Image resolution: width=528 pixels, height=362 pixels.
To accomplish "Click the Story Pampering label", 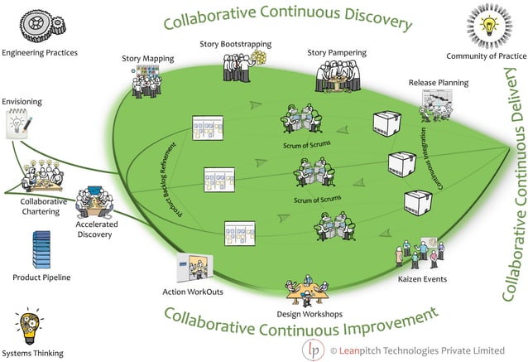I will tap(334, 53).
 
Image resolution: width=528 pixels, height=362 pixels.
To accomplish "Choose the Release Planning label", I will tap(438, 83).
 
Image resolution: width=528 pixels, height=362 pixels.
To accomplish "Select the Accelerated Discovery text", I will tap(97, 229).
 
